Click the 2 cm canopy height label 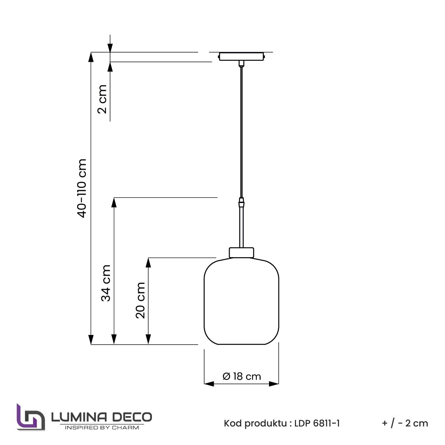pyautogui.click(x=103, y=99)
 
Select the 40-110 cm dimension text pyautogui.click(x=82, y=188)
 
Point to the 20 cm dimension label pyautogui.click(x=140, y=300)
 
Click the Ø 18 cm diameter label pyautogui.click(x=242, y=376)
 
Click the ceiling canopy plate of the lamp pyautogui.click(x=242, y=56)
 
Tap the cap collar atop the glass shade pyautogui.click(x=242, y=252)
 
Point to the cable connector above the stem pyautogui.click(x=242, y=203)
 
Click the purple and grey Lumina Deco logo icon pyautogui.click(x=30, y=417)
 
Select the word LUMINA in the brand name pyautogui.click(x=78, y=417)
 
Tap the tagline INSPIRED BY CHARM pyautogui.click(x=102, y=428)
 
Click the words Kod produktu pyautogui.click(x=254, y=423)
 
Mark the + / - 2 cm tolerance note pyautogui.click(x=405, y=423)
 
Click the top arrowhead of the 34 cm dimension pyautogui.click(x=114, y=202)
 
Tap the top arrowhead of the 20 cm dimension pyautogui.click(x=148, y=262)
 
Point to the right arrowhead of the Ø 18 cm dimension pyautogui.click(x=274, y=384)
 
